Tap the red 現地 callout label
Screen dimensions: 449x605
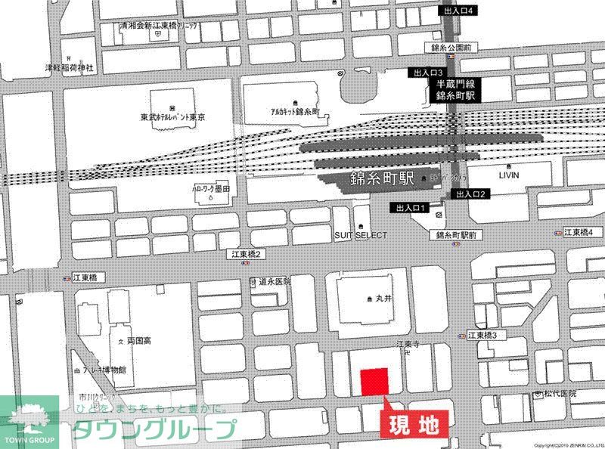click(x=414, y=425)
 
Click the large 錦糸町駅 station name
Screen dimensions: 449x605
click(x=383, y=181)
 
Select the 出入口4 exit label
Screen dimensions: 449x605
click(x=459, y=11)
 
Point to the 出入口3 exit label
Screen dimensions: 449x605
click(x=425, y=73)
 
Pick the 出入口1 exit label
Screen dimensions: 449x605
click(x=409, y=207)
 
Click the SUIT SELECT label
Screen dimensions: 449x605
click(x=361, y=236)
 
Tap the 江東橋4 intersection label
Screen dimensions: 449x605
click(x=579, y=231)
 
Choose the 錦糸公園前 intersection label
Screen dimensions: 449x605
click(x=451, y=47)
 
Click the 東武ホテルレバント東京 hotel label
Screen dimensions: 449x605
click(x=172, y=118)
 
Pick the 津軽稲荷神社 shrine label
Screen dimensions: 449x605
click(x=68, y=67)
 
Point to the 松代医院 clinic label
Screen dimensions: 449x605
click(x=559, y=394)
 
